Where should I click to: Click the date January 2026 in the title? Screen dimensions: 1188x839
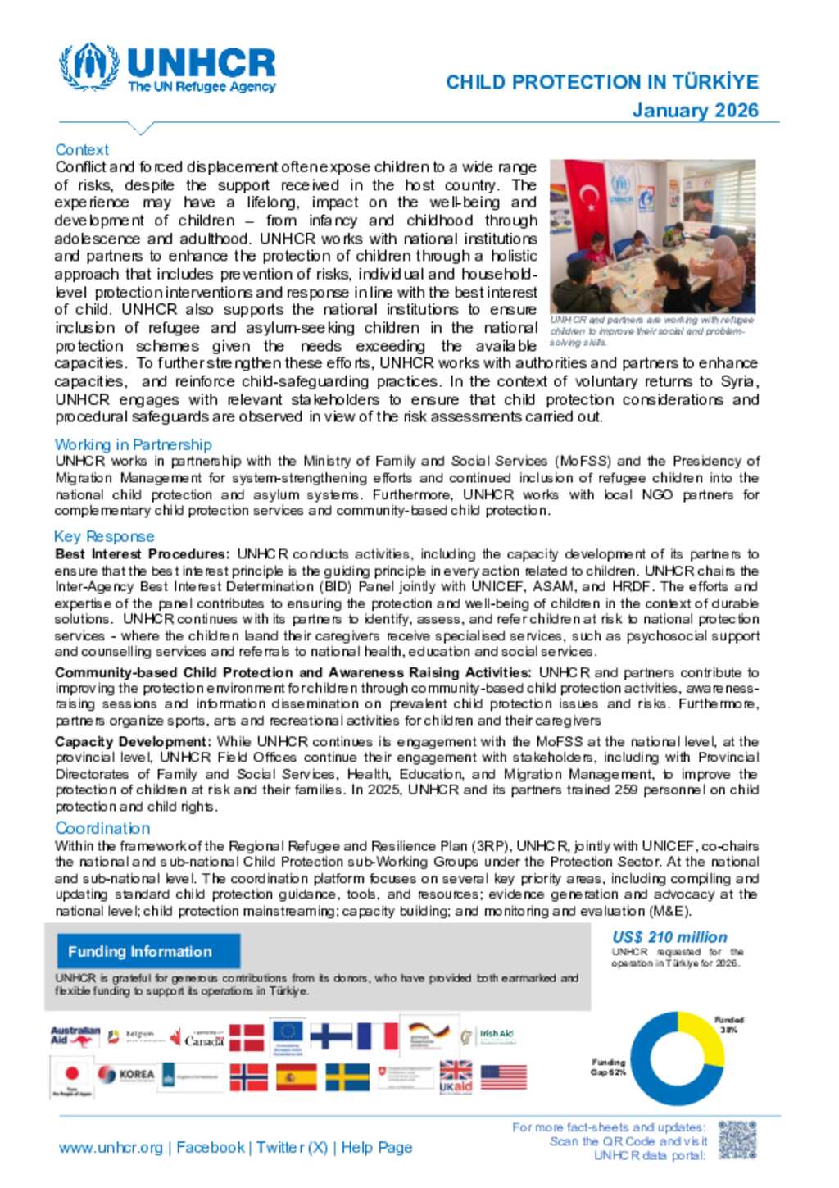[695, 111]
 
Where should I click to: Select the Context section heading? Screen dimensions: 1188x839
[82, 150]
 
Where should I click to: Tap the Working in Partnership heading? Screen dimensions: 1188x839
[133, 444]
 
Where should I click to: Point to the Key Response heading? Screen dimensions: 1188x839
[104, 536]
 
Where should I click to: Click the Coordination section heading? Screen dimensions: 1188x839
[102, 828]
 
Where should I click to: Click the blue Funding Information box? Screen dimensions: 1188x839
[148, 951]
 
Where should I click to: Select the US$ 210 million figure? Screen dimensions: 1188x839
[669, 937]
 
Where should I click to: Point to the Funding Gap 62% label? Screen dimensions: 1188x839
[608, 1067]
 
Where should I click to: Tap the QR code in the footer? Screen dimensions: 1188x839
[737, 1140]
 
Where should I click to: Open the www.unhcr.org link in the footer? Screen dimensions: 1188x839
[111, 1148]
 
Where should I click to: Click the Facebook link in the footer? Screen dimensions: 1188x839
[211, 1148]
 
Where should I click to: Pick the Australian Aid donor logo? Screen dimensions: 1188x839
[75, 1037]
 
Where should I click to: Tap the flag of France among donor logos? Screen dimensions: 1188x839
[378, 1036]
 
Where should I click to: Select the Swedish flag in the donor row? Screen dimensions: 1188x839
[347, 1076]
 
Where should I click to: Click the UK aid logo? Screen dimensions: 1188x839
[456, 1077]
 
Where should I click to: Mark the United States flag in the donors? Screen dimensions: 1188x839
[504, 1076]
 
